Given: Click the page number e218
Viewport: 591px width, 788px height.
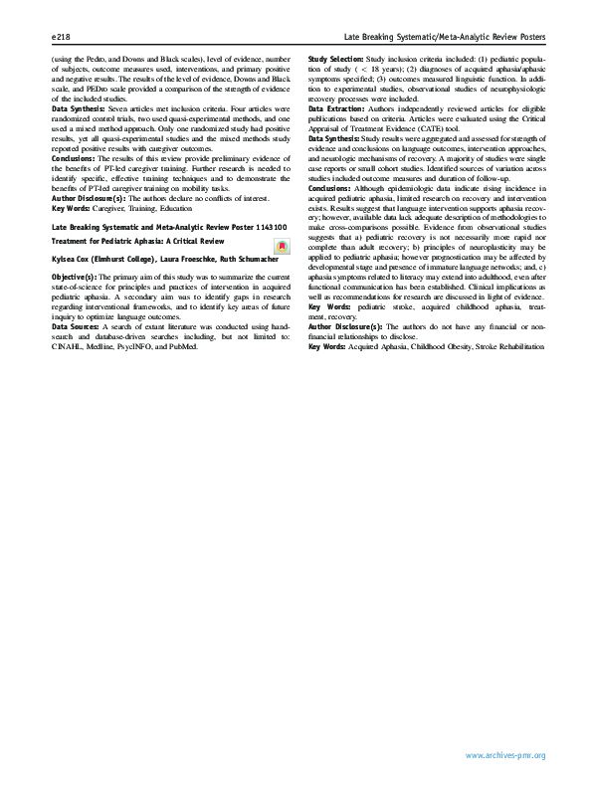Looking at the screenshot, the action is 60,36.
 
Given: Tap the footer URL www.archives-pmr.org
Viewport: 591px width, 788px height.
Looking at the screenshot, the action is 505,756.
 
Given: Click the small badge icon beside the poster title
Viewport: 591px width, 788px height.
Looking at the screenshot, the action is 282,245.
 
